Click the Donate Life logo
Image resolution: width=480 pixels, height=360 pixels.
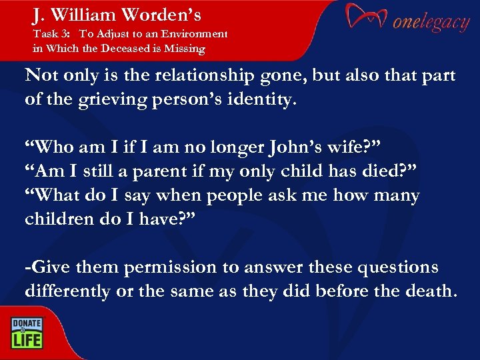pos(27,331)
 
